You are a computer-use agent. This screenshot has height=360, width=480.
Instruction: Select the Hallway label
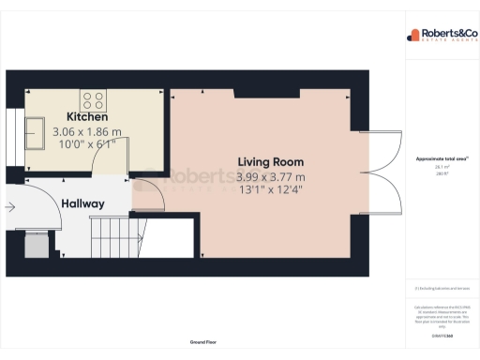pyautogui.click(x=82, y=203)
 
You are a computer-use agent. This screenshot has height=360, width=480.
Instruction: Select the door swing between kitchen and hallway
pyautogui.click(x=111, y=165)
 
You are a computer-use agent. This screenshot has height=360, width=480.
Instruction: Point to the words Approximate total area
pyautogui.click(x=441, y=158)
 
